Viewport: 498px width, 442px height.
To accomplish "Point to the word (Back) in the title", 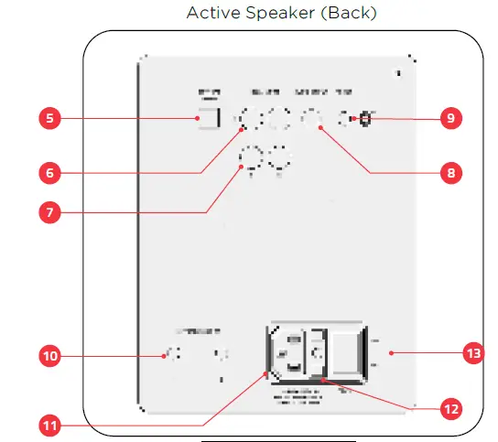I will (348, 13).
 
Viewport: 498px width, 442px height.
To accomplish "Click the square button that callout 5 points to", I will (211, 118).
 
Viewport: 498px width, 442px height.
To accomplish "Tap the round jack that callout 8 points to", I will (312, 117).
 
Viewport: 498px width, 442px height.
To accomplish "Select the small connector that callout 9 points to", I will (364, 119).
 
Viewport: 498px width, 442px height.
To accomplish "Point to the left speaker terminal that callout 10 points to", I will (169, 355).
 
